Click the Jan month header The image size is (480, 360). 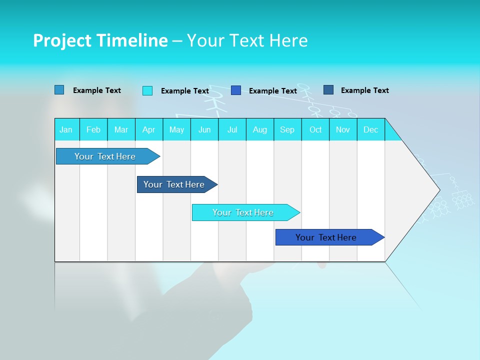click(66, 129)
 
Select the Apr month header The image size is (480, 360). click(149, 129)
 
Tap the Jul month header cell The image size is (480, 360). click(232, 129)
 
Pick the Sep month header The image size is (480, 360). click(287, 129)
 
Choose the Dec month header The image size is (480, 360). click(371, 129)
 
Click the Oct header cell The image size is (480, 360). click(315, 129)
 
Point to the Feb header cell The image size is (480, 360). click(93, 129)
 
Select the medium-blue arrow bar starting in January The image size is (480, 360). click(105, 156)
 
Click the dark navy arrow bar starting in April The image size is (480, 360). click(174, 184)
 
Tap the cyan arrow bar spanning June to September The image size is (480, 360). click(243, 212)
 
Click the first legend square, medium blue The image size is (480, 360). click(59, 90)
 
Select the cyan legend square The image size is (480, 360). click(147, 90)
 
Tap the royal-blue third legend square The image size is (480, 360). click(236, 90)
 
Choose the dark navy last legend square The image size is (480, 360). click(328, 90)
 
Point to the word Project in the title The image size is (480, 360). click(62, 40)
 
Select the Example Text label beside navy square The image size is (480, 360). click(364, 90)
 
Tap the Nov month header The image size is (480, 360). click(343, 129)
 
